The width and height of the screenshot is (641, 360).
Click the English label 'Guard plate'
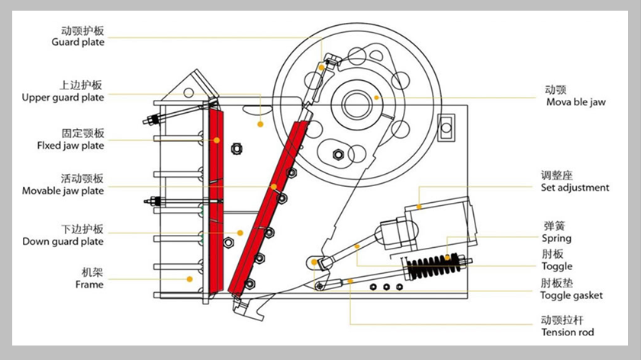pos(77,43)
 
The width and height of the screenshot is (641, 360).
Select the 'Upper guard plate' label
pos(63,98)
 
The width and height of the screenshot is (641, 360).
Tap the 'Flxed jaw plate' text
pos(70,145)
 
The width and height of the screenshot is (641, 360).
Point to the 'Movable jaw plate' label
pos(63,191)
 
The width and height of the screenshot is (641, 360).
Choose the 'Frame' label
pos(89,284)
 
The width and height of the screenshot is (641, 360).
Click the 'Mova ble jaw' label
pos(575,101)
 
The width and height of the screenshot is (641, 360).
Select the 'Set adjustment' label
pos(575,188)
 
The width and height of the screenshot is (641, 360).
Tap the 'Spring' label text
pos(556,239)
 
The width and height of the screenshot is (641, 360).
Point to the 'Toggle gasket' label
pos(571,295)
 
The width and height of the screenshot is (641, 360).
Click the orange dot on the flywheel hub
pos(376,98)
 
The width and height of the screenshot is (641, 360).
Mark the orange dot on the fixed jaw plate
pos(217,140)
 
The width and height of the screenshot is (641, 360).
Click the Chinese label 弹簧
pos(554,226)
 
